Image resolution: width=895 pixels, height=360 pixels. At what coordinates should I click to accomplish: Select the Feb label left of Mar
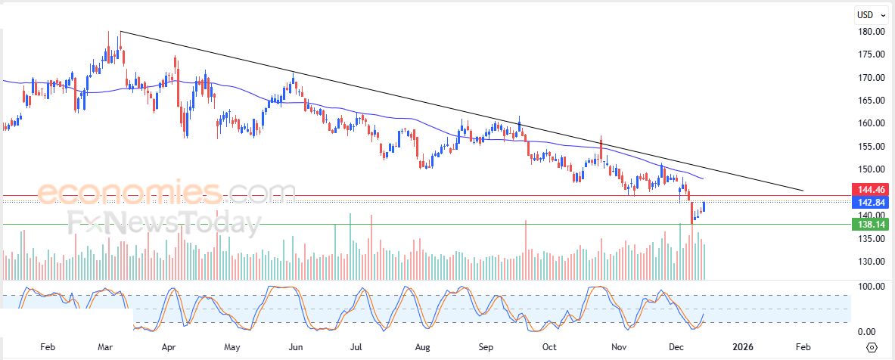click(x=47, y=347)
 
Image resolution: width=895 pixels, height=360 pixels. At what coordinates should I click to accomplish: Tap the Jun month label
click(x=296, y=347)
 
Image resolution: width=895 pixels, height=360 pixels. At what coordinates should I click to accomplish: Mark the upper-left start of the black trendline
click(x=121, y=32)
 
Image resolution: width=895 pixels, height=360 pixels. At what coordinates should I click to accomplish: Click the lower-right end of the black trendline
click(x=803, y=190)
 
